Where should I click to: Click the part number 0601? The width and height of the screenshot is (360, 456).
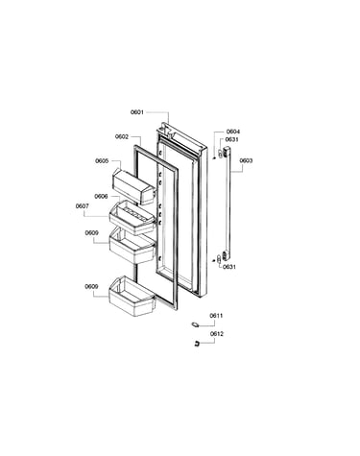click(137, 112)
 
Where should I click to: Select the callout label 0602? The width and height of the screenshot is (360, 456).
click(122, 137)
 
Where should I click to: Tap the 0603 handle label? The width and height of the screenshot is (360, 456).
click(246, 160)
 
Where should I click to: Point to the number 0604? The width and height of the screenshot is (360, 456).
click(233, 132)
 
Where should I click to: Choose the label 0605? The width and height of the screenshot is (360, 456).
click(102, 161)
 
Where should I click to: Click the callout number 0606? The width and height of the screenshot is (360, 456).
click(101, 196)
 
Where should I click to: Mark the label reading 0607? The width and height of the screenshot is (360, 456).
click(83, 206)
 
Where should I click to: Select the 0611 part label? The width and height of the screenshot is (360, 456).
click(216, 316)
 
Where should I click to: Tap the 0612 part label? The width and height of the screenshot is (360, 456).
click(217, 334)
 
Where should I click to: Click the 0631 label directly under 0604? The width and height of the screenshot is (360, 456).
click(231, 139)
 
